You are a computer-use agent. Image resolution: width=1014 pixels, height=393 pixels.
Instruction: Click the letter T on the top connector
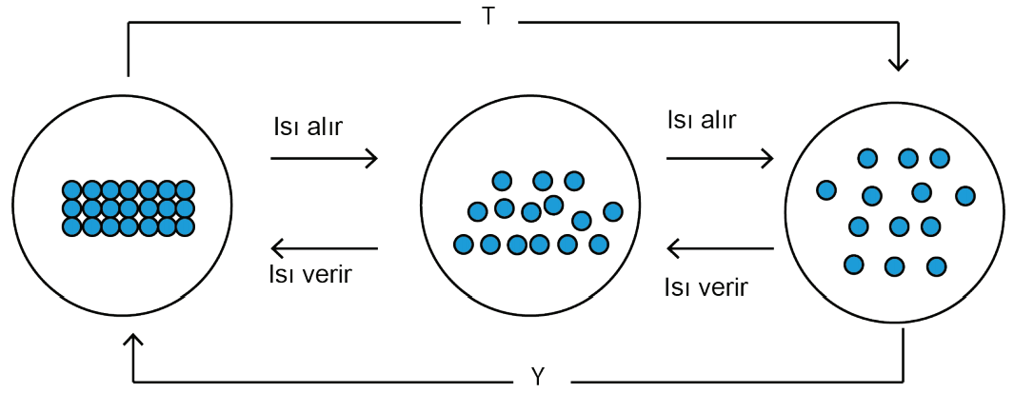coord(488,16)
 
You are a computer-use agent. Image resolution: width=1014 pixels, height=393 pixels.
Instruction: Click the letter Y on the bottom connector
coord(536,377)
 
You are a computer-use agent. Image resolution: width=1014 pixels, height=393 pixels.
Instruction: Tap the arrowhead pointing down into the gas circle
coord(899,64)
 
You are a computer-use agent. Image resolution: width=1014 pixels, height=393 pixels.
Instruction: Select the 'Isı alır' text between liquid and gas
coord(701,120)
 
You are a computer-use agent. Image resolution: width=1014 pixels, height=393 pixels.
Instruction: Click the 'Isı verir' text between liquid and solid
coord(309,274)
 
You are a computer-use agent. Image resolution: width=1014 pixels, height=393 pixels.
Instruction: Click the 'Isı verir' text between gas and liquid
coord(706,286)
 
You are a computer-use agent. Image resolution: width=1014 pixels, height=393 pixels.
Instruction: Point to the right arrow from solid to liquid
coord(324,158)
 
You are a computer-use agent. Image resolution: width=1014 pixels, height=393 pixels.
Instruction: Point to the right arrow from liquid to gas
coord(720,157)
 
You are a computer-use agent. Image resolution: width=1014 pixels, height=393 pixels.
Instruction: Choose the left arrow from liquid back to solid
coord(325,248)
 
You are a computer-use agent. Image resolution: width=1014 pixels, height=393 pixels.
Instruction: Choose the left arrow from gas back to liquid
coord(721,248)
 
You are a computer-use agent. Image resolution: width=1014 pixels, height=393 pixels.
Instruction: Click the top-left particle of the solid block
coord(72,190)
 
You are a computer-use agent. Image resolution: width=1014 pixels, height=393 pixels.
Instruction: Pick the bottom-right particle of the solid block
coord(186,226)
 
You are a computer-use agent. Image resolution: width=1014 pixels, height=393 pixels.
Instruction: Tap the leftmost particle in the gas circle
coord(826,190)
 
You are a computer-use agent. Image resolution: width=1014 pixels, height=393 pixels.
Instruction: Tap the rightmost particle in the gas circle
coord(964,195)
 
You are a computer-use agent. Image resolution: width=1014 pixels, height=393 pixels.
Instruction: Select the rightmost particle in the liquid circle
coord(612,210)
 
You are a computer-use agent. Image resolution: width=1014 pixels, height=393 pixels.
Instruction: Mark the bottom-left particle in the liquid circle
coord(463,244)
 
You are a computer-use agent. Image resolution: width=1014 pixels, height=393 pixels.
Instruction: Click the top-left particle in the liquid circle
coord(501,181)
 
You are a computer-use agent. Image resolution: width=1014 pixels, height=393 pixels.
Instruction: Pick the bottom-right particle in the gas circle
coord(936,265)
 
